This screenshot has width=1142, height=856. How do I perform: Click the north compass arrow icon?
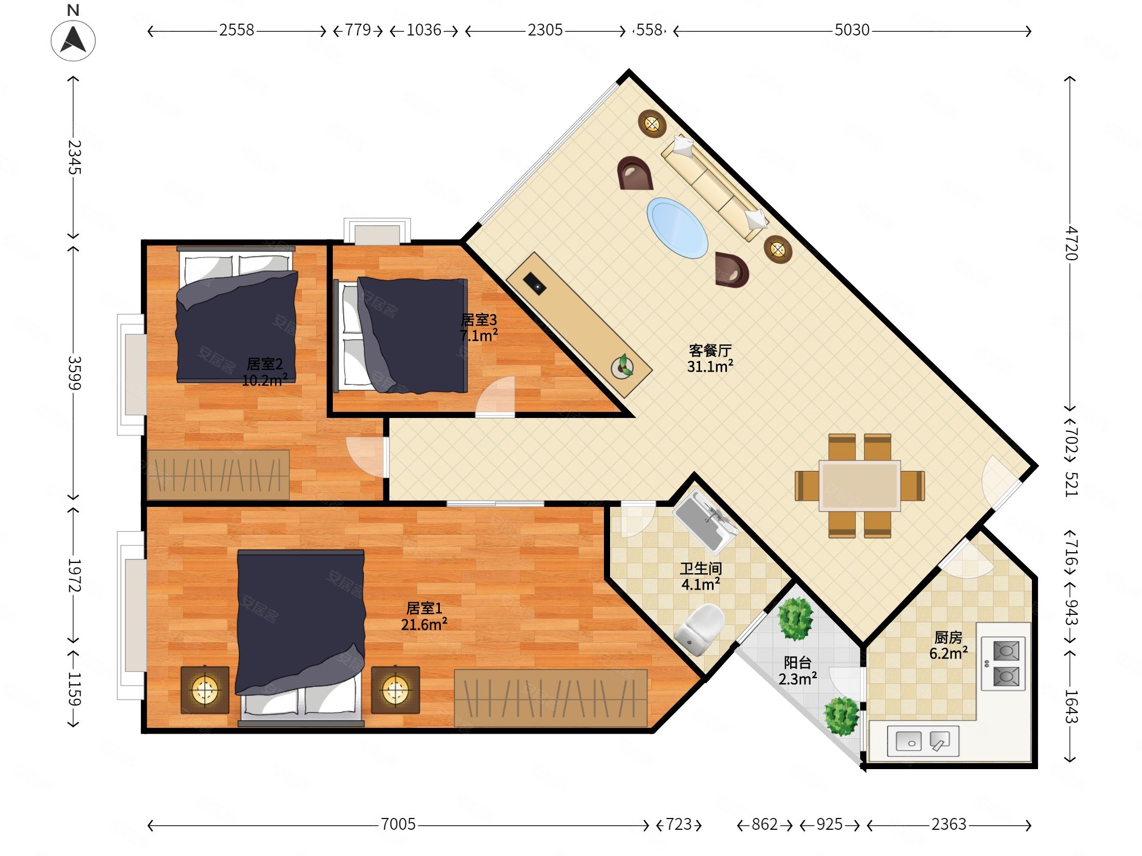[x=73, y=40]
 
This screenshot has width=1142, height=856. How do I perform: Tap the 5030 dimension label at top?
[x=852, y=30]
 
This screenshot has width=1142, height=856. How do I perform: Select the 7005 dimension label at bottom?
[x=398, y=824]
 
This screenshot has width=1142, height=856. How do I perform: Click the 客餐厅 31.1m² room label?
[x=710, y=359]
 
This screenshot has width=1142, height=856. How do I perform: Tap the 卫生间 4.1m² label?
[x=701, y=576]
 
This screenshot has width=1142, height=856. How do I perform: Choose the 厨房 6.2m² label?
[x=949, y=645]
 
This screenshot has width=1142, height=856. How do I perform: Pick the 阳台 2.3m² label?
[x=798, y=670]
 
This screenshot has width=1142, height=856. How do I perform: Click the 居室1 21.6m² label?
[x=424, y=616]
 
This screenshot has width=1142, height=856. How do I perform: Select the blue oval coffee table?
[x=677, y=228]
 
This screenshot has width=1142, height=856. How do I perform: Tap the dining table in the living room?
[x=860, y=485]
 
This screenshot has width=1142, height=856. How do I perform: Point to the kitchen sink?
[x=923, y=741]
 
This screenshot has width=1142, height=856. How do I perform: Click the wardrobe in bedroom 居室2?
[x=219, y=474]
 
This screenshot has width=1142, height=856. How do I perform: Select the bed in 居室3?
[x=401, y=335]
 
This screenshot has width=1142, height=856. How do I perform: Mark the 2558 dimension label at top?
[x=237, y=30]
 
